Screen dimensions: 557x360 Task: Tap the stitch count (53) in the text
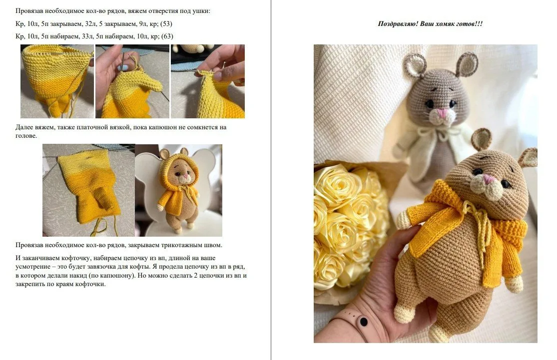pyautogui.click(x=166, y=24)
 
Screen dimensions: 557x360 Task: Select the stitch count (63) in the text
pyautogui.click(x=167, y=36)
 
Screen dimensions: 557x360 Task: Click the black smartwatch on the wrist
pyautogui.click(x=363, y=322)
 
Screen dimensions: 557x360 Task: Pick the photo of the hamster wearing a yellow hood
pyautogui.click(x=178, y=190)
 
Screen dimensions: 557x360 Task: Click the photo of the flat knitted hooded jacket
pyautogui.click(x=88, y=190)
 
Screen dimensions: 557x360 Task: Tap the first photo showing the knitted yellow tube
pyautogui.click(x=57, y=81)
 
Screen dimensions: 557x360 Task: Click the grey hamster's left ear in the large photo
pyautogui.click(x=414, y=66)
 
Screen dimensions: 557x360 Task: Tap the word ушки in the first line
pyautogui.click(x=201, y=11)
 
